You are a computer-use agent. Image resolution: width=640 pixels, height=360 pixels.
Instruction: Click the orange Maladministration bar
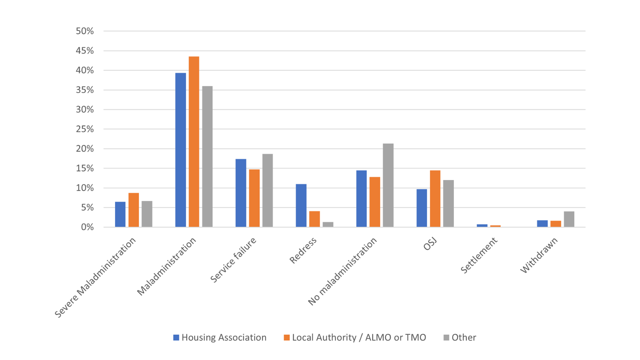(194, 142)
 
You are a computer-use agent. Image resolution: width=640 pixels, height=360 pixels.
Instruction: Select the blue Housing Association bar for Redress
(301, 205)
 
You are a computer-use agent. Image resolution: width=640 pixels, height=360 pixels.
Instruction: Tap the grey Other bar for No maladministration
(388, 185)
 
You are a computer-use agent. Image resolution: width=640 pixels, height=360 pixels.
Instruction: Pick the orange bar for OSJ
(435, 199)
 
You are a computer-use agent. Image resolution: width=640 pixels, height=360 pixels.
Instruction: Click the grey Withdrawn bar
(569, 219)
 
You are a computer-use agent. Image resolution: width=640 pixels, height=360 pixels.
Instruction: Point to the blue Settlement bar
(482, 226)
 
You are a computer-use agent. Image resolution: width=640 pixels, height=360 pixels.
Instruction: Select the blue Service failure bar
(241, 193)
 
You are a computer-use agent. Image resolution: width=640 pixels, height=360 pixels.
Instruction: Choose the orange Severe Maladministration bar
(134, 210)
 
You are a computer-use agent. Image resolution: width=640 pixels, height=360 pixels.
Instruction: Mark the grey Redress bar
(328, 225)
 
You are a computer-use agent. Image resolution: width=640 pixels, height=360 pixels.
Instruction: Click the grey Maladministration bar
(207, 157)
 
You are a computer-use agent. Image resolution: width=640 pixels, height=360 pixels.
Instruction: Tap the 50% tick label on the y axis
(85, 31)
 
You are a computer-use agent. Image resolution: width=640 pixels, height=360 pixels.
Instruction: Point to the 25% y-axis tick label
(85, 129)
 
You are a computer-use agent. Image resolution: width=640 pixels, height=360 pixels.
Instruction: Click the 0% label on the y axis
(87, 227)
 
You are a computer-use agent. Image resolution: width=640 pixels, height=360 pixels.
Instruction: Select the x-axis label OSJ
(430, 244)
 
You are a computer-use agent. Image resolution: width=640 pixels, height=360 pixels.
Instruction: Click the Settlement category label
(479, 255)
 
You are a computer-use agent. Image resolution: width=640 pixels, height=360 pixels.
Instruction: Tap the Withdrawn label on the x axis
(539, 255)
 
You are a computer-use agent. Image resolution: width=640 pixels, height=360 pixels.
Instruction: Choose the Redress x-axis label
(303, 251)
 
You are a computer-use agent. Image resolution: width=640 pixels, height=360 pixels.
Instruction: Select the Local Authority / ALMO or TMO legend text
(359, 338)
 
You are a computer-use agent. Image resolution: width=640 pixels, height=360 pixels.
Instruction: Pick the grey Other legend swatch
(446, 338)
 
